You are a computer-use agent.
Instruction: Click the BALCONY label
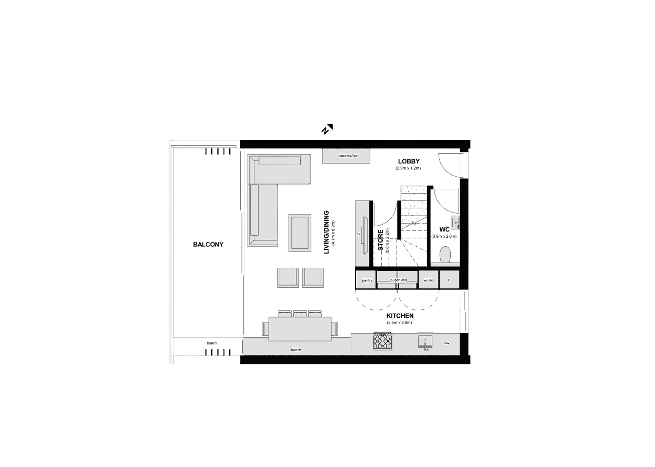(208, 244)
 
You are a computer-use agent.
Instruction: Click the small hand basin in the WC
(455, 223)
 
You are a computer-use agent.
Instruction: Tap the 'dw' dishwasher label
(447, 343)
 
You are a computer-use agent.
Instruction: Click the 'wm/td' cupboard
(428, 279)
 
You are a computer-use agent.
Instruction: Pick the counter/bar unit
(346, 156)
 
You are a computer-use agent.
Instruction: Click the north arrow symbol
(327, 129)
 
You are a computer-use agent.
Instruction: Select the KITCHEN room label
(400, 315)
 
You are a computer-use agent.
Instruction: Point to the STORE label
(380, 240)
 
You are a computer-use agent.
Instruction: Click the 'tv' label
(359, 234)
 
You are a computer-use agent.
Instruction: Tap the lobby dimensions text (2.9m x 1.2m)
(408, 168)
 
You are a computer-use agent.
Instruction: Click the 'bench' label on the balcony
(211, 343)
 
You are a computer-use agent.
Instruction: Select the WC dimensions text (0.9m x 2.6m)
(444, 236)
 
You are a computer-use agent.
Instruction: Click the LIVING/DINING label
(326, 232)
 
